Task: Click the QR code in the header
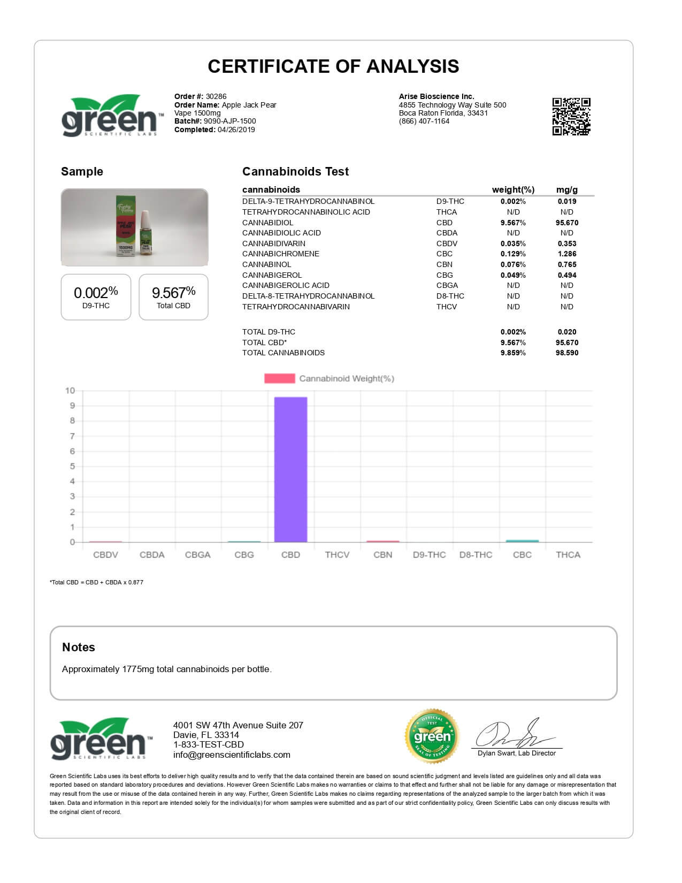click(571, 116)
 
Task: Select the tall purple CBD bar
click(290, 469)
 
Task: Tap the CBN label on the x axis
click(383, 555)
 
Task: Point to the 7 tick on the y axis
click(72, 436)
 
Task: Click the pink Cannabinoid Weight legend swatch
click(279, 378)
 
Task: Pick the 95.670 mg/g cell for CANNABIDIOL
click(566, 223)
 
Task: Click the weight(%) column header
click(513, 189)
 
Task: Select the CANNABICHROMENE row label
click(280, 254)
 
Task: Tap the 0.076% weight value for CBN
click(513, 264)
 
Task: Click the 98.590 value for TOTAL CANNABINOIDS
click(566, 353)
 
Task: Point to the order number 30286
click(216, 97)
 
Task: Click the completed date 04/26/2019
click(236, 130)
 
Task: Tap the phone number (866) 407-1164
click(424, 121)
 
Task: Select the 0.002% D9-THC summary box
click(96, 297)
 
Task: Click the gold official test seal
click(432, 736)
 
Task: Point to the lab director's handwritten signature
click(514, 734)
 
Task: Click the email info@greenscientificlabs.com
click(232, 755)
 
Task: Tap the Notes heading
click(79, 647)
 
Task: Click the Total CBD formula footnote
click(97, 582)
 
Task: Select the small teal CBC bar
click(522, 541)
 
